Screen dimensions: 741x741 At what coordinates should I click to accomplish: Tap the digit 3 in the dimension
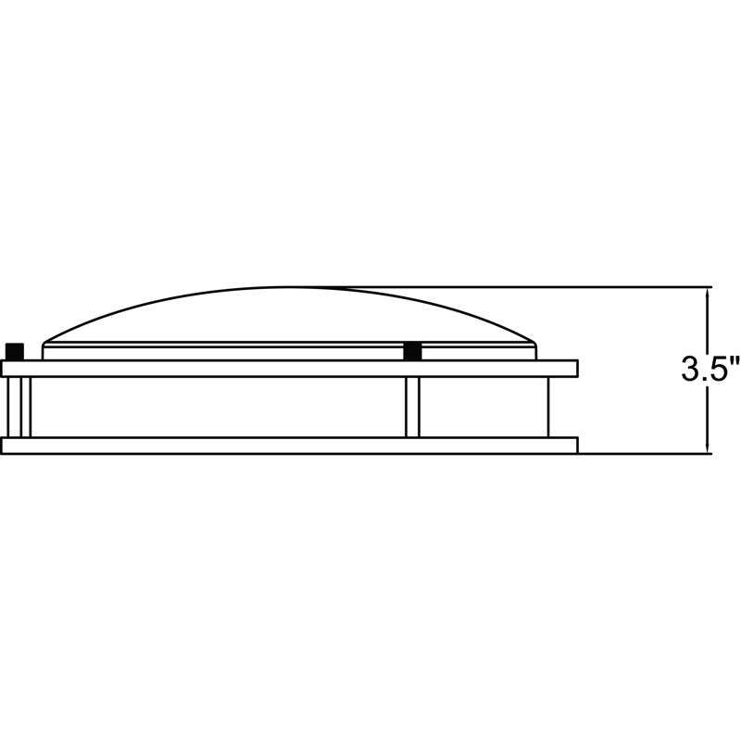689,369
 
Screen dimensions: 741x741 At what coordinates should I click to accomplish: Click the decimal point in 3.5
703,379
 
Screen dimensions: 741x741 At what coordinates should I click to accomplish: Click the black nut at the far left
15,352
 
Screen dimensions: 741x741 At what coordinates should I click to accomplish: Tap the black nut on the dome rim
412,351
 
